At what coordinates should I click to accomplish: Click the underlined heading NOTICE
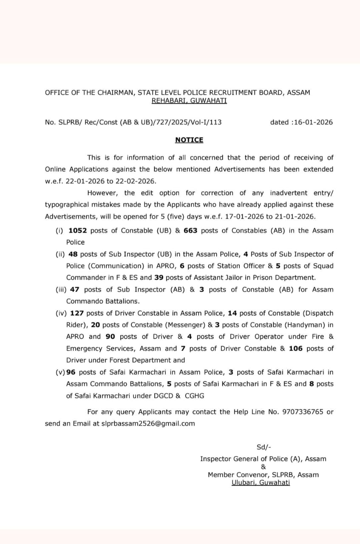click(x=189, y=140)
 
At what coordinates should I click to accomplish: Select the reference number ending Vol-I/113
click(x=133, y=122)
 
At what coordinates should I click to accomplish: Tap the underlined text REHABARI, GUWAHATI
click(x=189, y=101)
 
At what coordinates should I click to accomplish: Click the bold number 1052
click(x=77, y=230)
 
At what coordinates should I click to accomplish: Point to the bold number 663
click(x=190, y=230)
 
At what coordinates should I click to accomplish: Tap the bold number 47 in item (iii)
click(x=75, y=289)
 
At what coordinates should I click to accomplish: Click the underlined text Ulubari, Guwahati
click(x=261, y=482)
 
